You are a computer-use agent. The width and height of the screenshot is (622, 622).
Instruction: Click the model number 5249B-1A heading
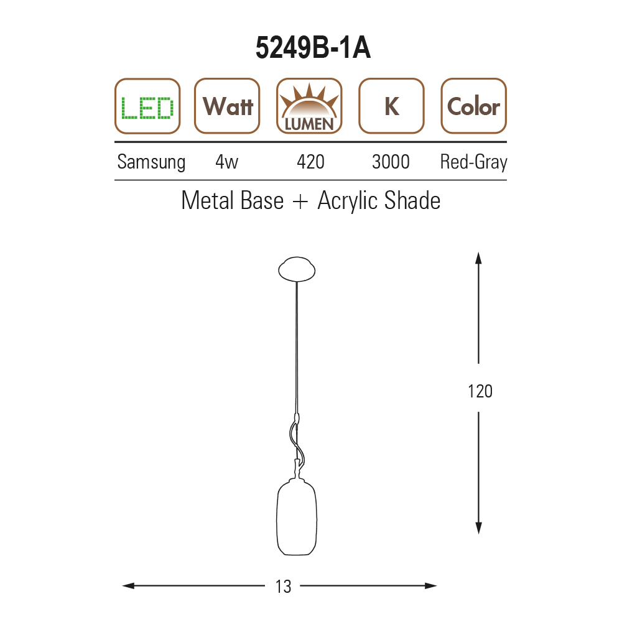[x=313, y=48]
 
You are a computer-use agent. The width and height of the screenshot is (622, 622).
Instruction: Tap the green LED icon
[x=147, y=106]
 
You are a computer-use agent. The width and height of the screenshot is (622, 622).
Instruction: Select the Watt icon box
[x=227, y=106]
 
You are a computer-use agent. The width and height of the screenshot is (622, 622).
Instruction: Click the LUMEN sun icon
[x=309, y=106]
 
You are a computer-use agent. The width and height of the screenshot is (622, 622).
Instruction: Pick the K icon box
[x=391, y=106]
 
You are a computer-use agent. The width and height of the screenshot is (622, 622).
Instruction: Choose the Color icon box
[x=473, y=106]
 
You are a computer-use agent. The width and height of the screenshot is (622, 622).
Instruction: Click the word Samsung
[x=151, y=162]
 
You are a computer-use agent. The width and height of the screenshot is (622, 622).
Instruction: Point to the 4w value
[x=226, y=162]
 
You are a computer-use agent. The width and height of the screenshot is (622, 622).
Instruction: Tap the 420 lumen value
[x=310, y=162]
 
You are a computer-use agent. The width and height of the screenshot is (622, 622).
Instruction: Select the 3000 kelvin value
[x=391, y=162]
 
